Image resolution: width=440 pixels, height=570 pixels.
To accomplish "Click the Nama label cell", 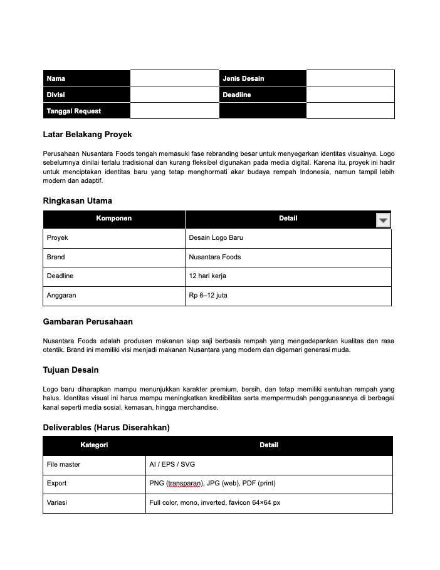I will (86, 78).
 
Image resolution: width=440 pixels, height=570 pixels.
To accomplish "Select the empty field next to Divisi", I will (174, 95).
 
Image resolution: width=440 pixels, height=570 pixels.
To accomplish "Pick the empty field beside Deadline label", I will (350, 95).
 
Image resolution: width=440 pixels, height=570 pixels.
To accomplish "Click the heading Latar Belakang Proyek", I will (87, 135).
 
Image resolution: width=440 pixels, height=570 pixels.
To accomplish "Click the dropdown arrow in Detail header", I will (383, 220).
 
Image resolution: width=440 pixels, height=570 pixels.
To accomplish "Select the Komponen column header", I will (113, 219).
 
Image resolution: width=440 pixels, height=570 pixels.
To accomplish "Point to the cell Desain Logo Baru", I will (216, 238).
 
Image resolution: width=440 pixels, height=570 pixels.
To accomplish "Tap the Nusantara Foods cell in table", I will (214, 257).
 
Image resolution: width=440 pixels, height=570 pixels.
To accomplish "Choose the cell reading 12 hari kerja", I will (207, 276).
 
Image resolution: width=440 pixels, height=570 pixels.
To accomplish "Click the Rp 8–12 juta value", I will (208, 295).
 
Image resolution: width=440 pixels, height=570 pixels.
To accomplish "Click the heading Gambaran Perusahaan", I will (88, 321).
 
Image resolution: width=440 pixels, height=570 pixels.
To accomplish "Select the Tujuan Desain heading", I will (71, 370).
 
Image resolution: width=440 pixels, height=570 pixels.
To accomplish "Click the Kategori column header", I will (94, 445).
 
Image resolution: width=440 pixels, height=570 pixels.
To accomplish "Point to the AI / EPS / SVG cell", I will (172, 465).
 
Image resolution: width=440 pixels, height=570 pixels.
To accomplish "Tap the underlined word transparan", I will (182, 484).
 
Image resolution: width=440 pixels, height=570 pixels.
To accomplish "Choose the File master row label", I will (63, 465).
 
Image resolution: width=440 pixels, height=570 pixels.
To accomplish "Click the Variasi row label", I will (56, 503).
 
